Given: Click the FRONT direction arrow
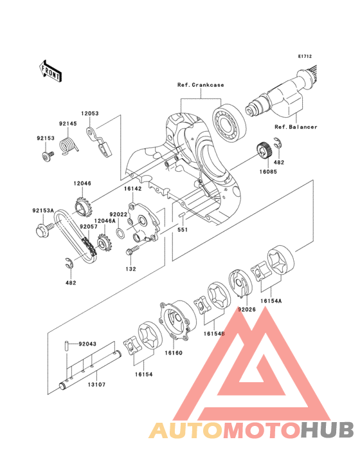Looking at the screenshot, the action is [50, 71].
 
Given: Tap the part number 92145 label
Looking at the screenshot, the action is [67, 124].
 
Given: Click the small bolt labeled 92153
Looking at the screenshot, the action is [48, 156].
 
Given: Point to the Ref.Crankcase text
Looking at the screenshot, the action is [201, 85].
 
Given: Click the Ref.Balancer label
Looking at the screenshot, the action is [296, 127].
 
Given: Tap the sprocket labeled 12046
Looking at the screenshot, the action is [83, 207].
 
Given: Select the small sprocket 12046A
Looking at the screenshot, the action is [103, 243].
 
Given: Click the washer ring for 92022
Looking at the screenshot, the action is [121, 232].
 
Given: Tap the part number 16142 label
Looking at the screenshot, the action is [133, 189].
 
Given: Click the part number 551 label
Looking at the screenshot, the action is [183, 230].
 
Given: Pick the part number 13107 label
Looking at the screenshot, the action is [96, 385].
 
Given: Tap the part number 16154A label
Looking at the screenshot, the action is [271, 300].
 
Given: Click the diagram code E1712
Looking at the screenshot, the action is [305, 56].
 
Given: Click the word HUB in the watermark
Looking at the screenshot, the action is [328, 430].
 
